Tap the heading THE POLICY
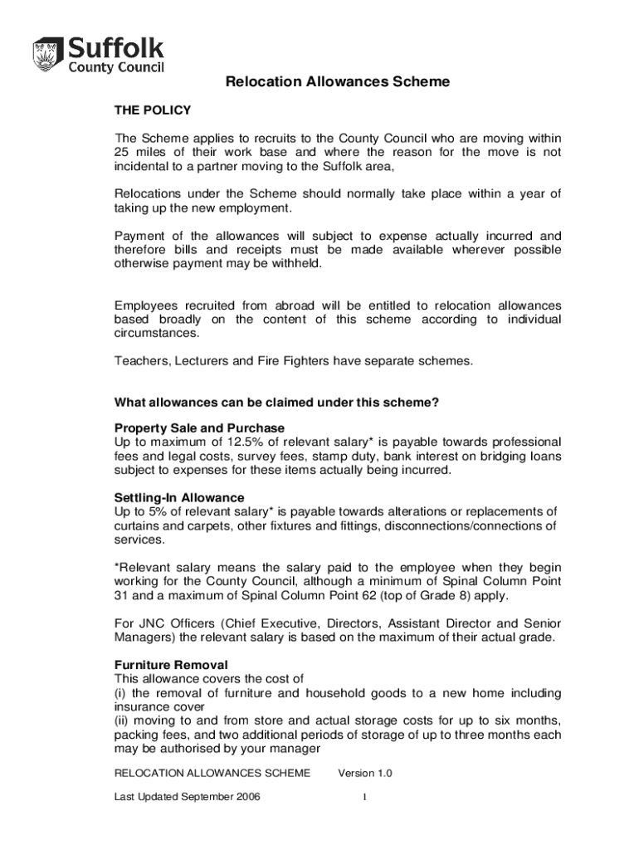pyautogui.click(x=153, y=110)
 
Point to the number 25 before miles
pyautogui.click(x=122, y=152)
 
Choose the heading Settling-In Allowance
pyautogui.click(x=179, y=498)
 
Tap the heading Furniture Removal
pyautogui.click(x=171, y=665)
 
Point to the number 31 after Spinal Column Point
pyautogui.click(x=122, y=596)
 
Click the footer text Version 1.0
pyautogui.click(x=365, y=774)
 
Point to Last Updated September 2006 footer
pyautogui.click(x=188, y=797)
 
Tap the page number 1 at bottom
pyautogui.click(x=363, y=797)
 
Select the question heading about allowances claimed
pyautogui.click(x=276, y=403)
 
